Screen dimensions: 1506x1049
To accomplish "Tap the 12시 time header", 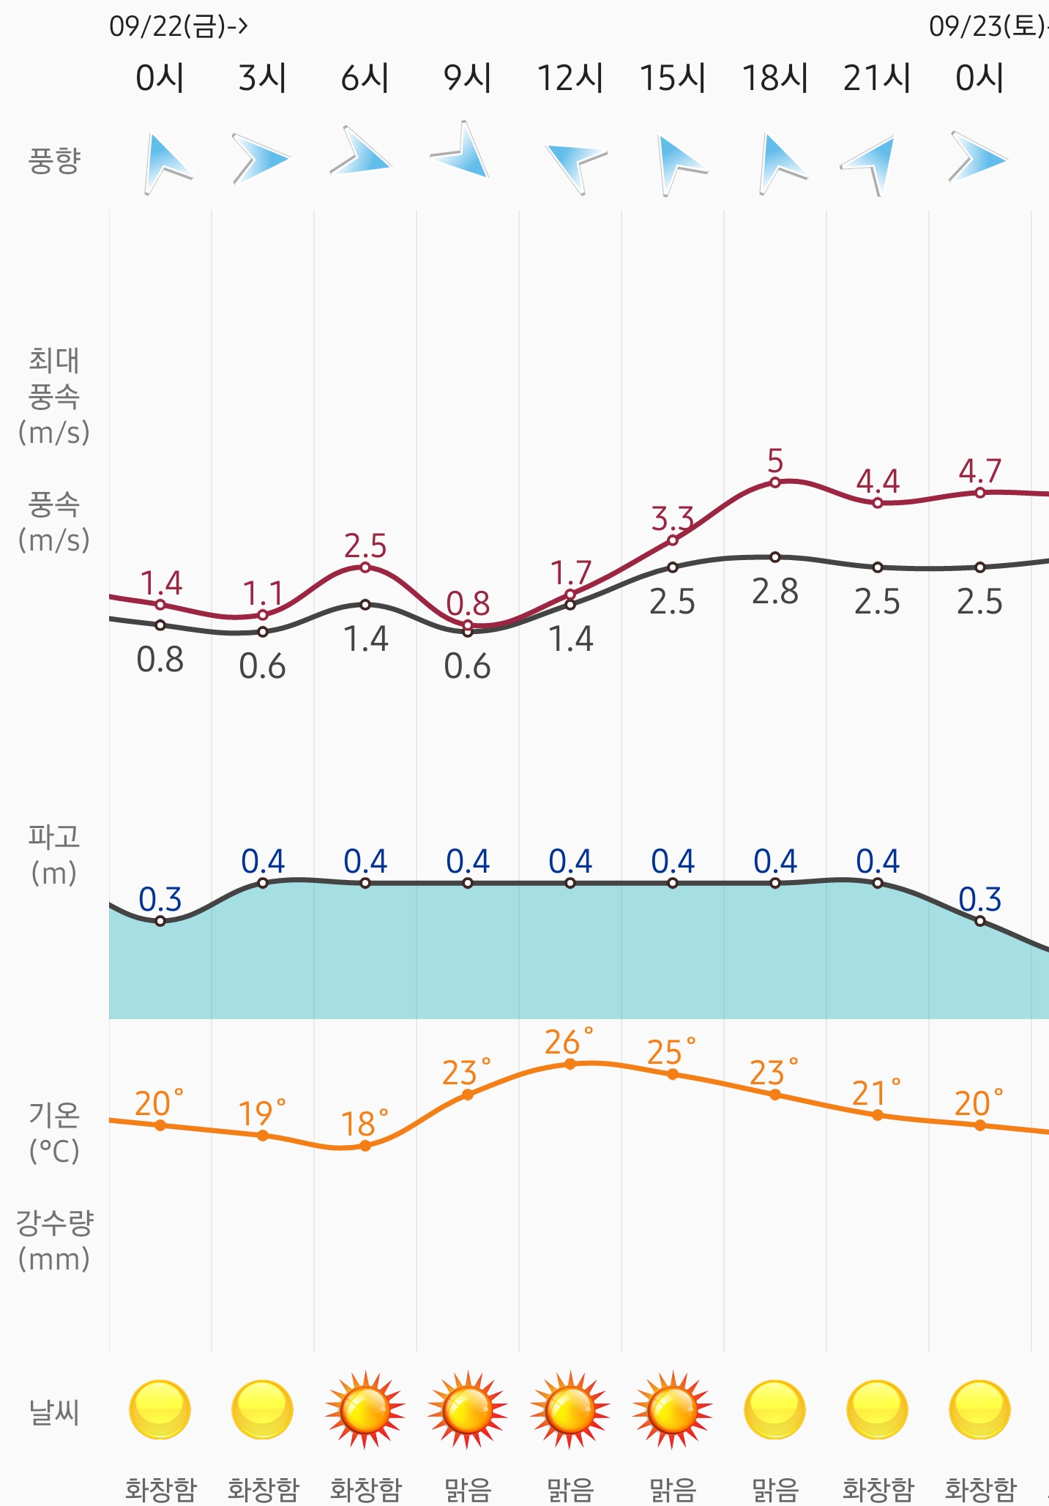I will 570,78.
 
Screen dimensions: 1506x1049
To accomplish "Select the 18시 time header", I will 775,78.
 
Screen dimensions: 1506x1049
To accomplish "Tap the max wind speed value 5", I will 775,461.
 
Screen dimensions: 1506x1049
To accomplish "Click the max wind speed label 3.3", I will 672,519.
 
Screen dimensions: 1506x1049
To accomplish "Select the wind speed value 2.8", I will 775,592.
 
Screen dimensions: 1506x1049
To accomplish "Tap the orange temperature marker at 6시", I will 365,1146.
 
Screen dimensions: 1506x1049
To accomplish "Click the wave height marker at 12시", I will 570,883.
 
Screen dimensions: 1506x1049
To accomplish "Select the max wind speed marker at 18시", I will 775,482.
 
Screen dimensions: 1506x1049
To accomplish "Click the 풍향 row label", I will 53,160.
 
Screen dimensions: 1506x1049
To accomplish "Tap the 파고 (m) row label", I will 53,854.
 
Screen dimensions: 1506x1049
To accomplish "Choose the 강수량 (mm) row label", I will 54,1241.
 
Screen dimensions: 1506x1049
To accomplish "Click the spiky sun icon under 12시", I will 570,1409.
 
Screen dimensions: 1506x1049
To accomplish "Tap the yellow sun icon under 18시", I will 775,1409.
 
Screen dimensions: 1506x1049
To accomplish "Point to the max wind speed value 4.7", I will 979,471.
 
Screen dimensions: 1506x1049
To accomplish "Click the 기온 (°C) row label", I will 54,1133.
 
